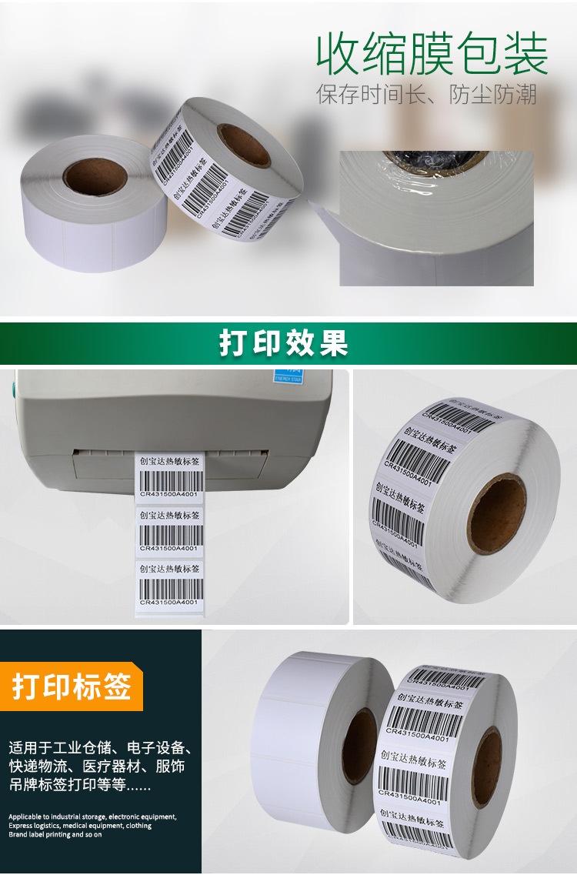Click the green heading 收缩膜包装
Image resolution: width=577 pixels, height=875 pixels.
[x=432, y=54]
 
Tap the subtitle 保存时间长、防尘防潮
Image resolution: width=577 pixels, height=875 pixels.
[x=426, y=95]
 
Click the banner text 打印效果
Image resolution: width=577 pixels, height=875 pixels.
[x=284, y=343]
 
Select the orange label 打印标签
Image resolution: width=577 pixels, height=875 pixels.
[x=72, y=686]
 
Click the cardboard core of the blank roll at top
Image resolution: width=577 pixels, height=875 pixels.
[x=95, y=176]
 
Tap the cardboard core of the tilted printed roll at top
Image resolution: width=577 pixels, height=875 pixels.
[x=244, y=144]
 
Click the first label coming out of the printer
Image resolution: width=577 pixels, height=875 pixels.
[x=169, y=477]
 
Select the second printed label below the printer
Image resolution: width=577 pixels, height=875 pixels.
[x=169, y=529]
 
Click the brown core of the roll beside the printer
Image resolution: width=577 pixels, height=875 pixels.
[x=496, y=513]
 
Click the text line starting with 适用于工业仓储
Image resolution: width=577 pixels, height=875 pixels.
[x=100, y=748]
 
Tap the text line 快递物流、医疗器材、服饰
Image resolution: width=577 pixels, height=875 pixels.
[x=96, y=767]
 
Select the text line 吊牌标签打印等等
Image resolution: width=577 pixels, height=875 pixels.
[x=80, y=786]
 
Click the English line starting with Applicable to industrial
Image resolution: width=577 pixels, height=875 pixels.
[x=92, y=817]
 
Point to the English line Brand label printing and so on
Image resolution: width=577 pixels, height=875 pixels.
[x=55, y=834]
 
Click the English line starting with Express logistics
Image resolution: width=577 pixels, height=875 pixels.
[x=80, y=826]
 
